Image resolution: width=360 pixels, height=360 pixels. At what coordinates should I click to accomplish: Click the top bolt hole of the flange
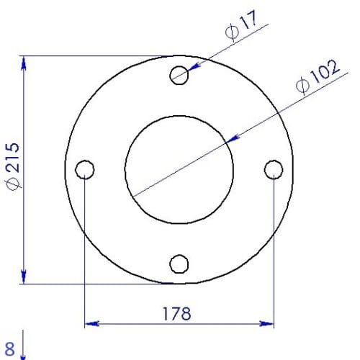[x=179, y=75]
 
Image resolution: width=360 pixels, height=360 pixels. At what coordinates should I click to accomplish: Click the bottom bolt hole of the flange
[x=179, y=264]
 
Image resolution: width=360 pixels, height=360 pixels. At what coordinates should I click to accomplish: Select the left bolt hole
[x=85, y=170]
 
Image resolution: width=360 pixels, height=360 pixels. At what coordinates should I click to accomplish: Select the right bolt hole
[x=274, y=170]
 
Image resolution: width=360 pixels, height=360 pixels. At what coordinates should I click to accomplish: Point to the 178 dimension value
[x=177, y=314]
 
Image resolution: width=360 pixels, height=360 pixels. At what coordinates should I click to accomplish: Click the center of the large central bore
[x=179, y=170]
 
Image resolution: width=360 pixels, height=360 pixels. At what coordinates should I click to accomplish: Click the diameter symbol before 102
[x=302, y=86]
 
